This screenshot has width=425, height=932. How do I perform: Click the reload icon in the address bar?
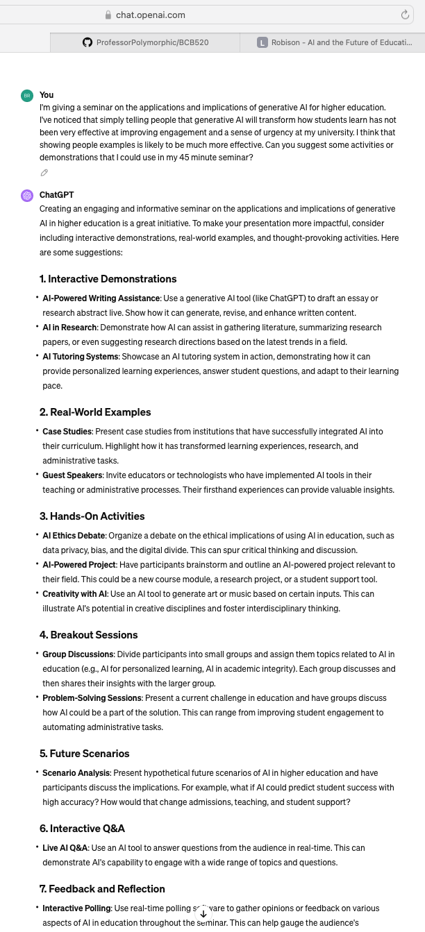pyautogui.click(x=405, y=15)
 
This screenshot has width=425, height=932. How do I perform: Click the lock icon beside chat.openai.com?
pyautogui.click(x=108, y=15)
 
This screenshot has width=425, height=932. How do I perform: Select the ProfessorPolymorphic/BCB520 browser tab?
pyautogui.click(x=145, y=42)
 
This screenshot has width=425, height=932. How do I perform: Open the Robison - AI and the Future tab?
pyautogui.click(x=334, y=42)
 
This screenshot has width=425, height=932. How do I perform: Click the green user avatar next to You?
pyautogui.click(x=27, y=95)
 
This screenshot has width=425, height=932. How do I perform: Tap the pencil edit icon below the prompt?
pyautogui.click(x=44, y=173)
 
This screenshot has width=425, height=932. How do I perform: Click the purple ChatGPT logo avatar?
pyautogui.click(x=27, y=196)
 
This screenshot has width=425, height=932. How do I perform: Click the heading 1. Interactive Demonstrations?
pyautogui.click(x=108, y=279)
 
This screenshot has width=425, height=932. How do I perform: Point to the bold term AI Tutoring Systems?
pyautogui.click(x=80, y=357)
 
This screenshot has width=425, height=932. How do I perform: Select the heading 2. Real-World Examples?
pyautogui.click(x=95, y=412)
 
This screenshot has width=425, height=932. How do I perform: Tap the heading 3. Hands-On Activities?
pyautogui.click(x=92, y=516)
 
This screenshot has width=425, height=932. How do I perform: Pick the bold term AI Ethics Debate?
pyautogui.click(x=74, y=536)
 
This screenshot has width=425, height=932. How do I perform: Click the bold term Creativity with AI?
pyautogui.click(x=74, y=594)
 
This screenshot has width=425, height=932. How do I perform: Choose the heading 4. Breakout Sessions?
pyautogui.click(x=88, y=635)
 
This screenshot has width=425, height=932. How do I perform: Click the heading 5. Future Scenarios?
pyautogui.click(x=84, y=754)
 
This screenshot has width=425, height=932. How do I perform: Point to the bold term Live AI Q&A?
pyautogui.click(x=65, y=848)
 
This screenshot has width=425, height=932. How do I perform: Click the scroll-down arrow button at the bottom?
pyautogui.click(x=203, y=913)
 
